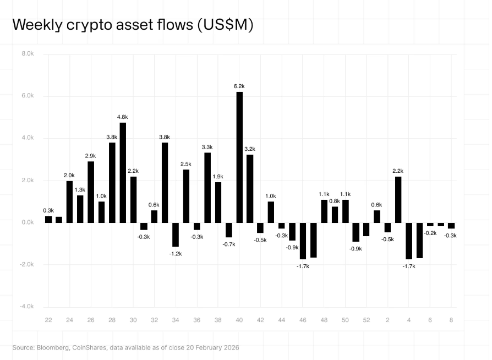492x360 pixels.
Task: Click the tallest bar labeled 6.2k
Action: [x=239, y=157]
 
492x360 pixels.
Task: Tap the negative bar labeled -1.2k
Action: [x=176, y=234]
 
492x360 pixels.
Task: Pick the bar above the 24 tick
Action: [x=69, y=201]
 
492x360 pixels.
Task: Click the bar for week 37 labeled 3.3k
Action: [x=207, y=187]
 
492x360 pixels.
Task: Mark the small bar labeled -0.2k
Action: [x=430, y=225]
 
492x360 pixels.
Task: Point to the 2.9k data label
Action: [x=91, y=156]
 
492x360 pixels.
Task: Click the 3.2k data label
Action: [x=250, y=149]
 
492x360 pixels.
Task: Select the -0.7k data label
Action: [x=229, y=244]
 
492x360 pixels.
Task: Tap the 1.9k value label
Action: [x=218, y=177]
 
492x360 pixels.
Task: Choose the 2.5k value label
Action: [x=186, y=164]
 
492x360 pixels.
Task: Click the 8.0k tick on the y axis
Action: [x=28, y=54]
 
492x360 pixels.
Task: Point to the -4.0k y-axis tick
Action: [x=27, y=307]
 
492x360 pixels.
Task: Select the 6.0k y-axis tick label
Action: [x=28, y=96]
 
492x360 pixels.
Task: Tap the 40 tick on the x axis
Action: [x=239, y=320]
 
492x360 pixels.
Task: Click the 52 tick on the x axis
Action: [x=367, y=320]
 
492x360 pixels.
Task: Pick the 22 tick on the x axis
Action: [x=48, y=320]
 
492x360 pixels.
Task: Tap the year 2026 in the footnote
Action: [x=229, y=348]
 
